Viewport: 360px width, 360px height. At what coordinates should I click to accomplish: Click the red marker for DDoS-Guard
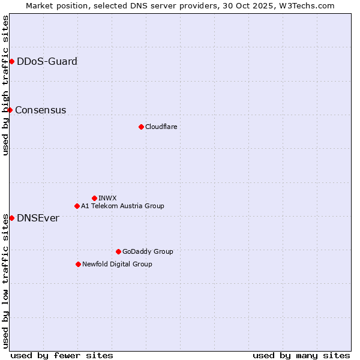[11, 61]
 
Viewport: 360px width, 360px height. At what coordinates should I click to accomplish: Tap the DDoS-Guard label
[47, 61]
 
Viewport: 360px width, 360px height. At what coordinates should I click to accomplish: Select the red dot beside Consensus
[10, 110]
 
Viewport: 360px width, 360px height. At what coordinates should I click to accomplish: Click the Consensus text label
[40, 110]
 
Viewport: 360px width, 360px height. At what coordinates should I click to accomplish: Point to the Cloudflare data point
[141, 127]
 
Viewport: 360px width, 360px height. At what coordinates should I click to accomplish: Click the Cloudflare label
[161, 127]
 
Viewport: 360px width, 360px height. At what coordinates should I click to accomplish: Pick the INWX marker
[94, 198]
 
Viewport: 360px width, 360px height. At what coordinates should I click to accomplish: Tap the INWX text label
[107, 198]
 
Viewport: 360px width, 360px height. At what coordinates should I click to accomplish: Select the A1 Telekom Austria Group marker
[77, 206]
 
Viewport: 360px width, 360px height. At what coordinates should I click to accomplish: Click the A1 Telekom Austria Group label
[122, 206]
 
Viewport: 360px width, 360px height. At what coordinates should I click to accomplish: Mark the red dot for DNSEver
[11, 218]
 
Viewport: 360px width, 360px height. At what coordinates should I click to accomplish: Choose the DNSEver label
[38, 218]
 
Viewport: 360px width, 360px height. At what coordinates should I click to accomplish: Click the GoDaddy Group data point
[118, 251]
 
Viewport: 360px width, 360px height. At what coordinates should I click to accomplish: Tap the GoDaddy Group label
[148, 251]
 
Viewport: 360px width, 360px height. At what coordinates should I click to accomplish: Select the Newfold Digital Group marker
[78, 264]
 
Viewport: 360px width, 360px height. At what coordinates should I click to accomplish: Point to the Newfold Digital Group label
[117, 264]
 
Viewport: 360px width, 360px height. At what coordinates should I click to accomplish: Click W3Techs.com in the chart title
[305, 5]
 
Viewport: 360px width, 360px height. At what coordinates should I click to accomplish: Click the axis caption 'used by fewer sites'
[62, 355]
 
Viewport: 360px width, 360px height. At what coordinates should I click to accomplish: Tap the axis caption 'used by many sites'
[301, 355]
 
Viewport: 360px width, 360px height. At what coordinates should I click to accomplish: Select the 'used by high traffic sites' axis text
[5, 85]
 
